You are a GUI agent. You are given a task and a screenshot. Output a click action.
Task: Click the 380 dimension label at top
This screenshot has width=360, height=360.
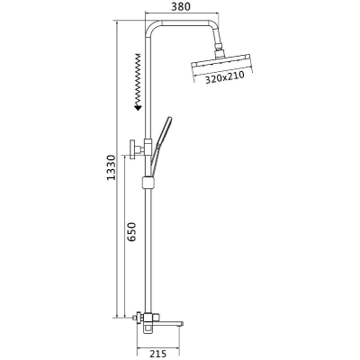pyautogui.click(x=181, y=6)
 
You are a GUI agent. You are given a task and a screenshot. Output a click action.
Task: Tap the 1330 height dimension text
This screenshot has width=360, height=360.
pyautogui.click(x=112, y=167)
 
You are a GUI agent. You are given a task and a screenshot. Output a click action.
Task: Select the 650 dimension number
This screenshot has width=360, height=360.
pyautogui.click(x=131, y=232)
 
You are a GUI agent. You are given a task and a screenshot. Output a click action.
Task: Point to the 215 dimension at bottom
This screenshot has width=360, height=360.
pyautogui.click(x=157, y=354)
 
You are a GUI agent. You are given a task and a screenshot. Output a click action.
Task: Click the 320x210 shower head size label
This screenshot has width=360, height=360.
pyautogui.click(x=225, y=77)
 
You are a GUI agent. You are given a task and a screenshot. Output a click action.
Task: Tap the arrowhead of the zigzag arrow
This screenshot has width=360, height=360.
pyautogui.click(x=138, y=108)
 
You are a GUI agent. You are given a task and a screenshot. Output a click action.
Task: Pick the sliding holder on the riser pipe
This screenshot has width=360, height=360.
pyautogui.click(x=148, y=182)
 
